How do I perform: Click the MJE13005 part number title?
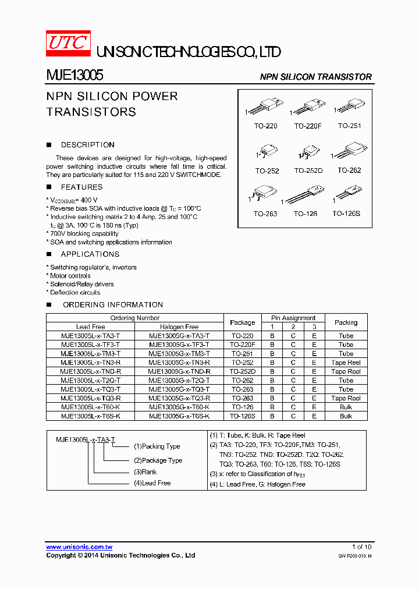[x=74, y=76]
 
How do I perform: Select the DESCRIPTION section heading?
[x=87, y=145]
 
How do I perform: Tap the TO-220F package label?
[x=307, y=126]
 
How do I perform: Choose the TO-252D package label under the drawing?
[x=307, y=171]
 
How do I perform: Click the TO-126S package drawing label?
[x=346, y=214]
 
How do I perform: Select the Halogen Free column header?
[x=179, y=327]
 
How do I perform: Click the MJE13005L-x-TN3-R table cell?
[x=90, y=363]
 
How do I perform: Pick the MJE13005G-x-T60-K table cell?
[x=179, y=407]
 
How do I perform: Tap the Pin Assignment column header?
[x=293, y=318]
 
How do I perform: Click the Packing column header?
[x=346, y=322]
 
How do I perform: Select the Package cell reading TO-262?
[x=242, y=381]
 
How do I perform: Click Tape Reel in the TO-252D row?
[x=346, y=371]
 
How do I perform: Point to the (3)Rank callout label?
[x=145, y=472]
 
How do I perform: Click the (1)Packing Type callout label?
[x=157, y=446]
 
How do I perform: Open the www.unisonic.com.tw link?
[x=79, y=547]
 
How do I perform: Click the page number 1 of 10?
[x=361, y=547]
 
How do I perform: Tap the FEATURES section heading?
[x=81, y=187]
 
